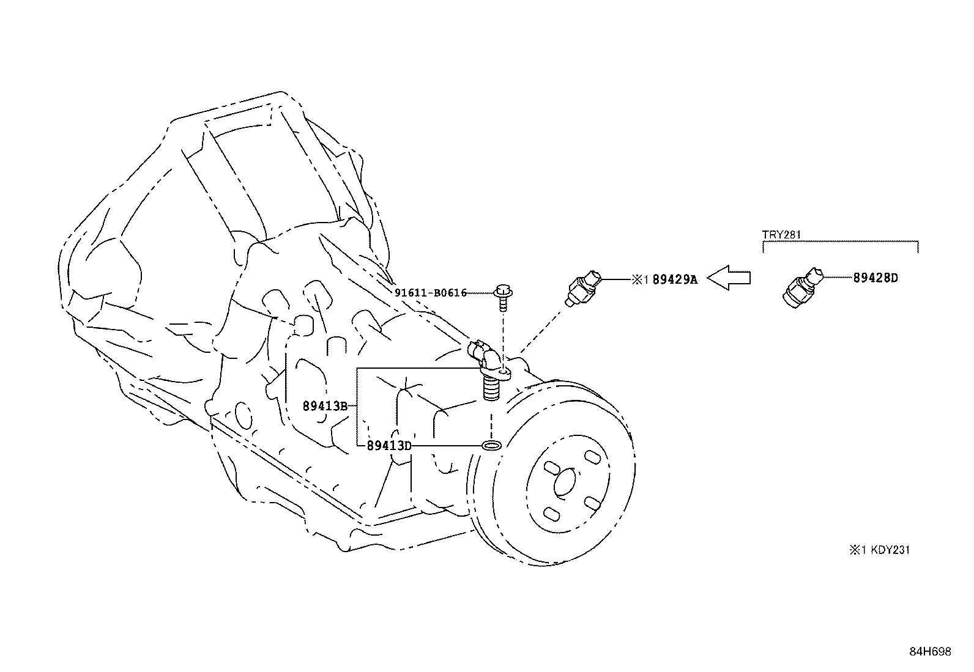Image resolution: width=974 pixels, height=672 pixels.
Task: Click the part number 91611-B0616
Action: tap(430, 293)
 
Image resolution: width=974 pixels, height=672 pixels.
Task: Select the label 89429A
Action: tap(675, 279)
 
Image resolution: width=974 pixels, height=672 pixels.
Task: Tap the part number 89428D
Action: tap(875, 278)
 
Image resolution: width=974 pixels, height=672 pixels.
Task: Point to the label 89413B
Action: tap(325, 405)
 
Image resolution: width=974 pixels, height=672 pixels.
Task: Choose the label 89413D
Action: tap(388, 446)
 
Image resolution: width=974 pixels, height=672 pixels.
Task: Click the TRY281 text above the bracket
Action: tap(781, 234)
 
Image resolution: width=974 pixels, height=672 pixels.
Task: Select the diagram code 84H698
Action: tap(930, 652)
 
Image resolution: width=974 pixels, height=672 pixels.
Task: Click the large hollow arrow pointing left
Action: tap(729, 278)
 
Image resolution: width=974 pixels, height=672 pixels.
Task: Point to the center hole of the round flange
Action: tap(563, 482)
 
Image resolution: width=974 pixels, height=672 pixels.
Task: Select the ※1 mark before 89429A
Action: tap(639, 279)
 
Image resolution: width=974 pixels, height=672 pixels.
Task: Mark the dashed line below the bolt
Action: tap(502, 330)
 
